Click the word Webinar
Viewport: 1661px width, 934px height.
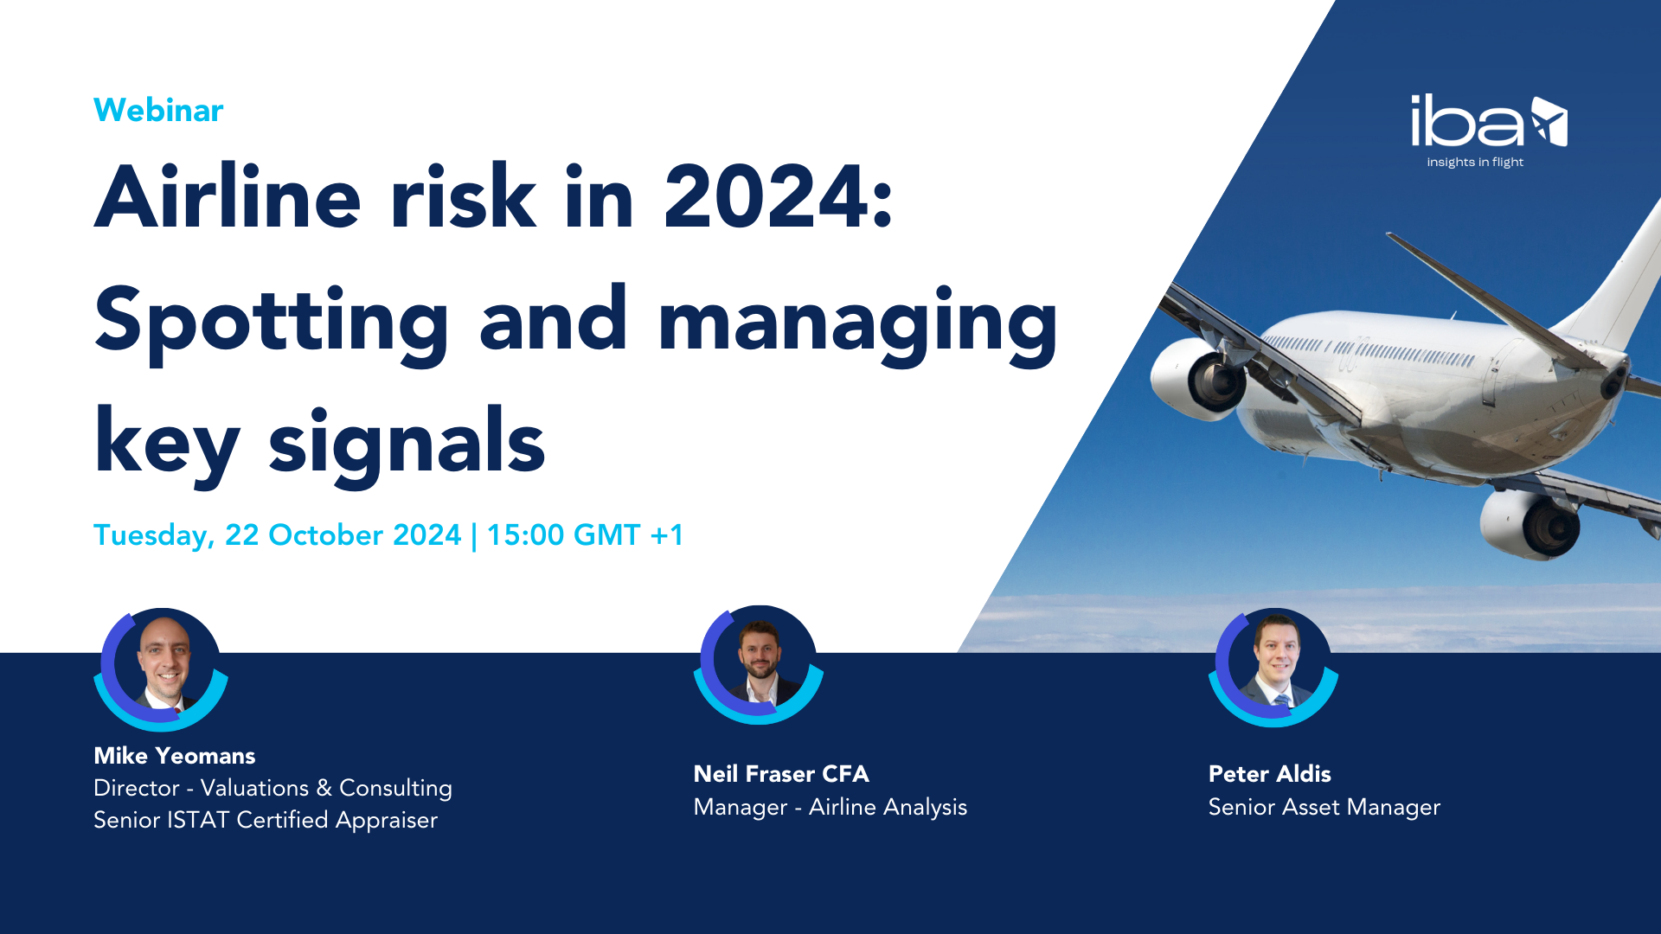click(158, 111)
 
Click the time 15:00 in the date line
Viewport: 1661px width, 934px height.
click(525, 535)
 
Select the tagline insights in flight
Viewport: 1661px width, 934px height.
click(1475, 163)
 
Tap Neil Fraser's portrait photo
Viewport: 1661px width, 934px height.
click(760, 662)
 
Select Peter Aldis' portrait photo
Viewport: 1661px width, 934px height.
click(1275, 664)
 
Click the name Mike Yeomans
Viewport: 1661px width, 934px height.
click(175, 756)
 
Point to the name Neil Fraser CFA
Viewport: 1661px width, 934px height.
click(781, 774)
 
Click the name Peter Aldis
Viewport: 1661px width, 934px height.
click(1269, 774)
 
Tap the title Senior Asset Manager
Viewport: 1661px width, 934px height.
click(1324, 807)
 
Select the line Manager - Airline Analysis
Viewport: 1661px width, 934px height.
click(830, 807)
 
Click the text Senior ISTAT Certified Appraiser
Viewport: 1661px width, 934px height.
click(266, 820)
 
